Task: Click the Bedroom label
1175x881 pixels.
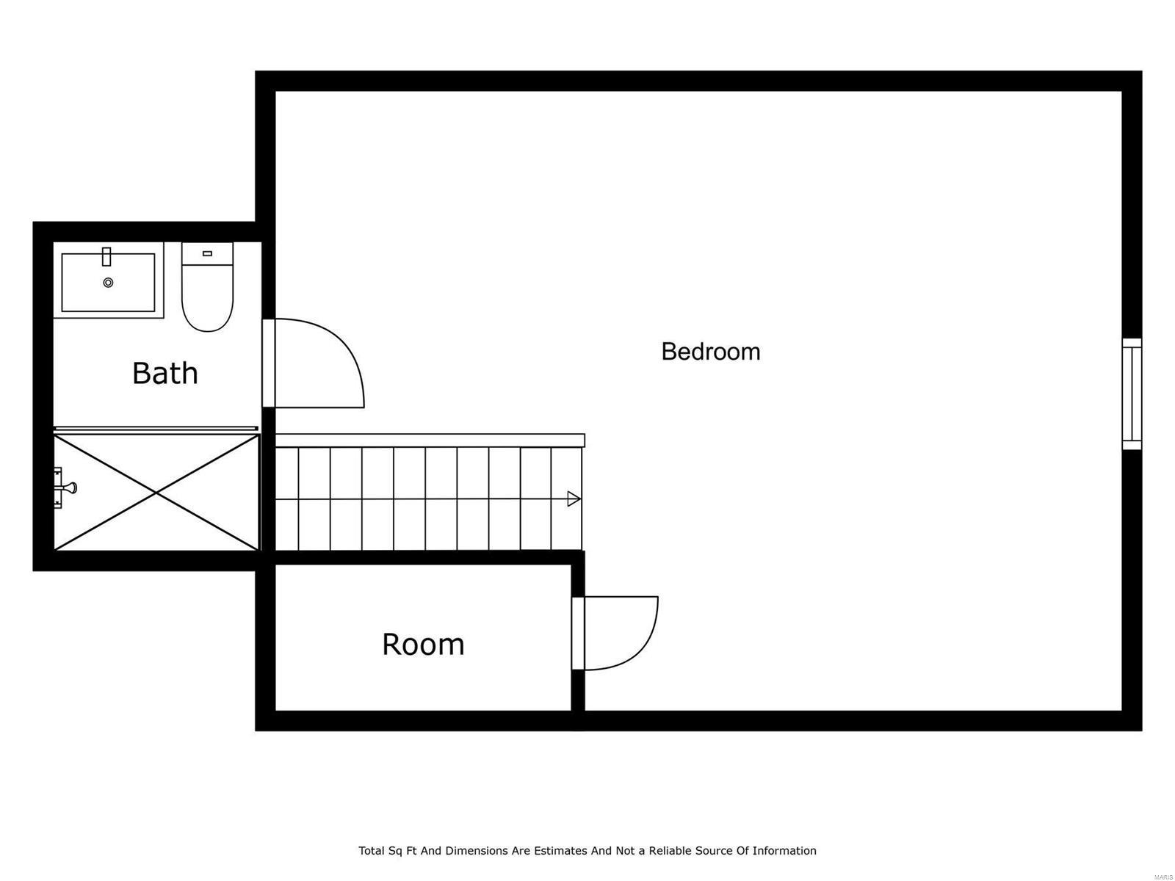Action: [710, 352]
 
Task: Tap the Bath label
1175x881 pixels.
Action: [165, 373]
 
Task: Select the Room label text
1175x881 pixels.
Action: [423, 645]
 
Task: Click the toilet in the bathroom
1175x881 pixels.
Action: [207, 294]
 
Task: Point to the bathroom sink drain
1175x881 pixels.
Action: [109, 283]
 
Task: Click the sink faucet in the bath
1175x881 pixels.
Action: [106, 256]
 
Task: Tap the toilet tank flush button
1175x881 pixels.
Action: [207, 253]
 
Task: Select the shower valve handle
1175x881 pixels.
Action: [69, 487]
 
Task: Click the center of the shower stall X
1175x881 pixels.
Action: [156, 493]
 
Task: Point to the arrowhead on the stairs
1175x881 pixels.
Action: [574, 499]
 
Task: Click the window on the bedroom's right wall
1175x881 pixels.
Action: [1132, 394]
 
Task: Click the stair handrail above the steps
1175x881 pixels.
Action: [430, 440]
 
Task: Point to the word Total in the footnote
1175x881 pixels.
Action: [372, 851]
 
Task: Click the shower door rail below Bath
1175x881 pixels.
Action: [156, 428]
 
